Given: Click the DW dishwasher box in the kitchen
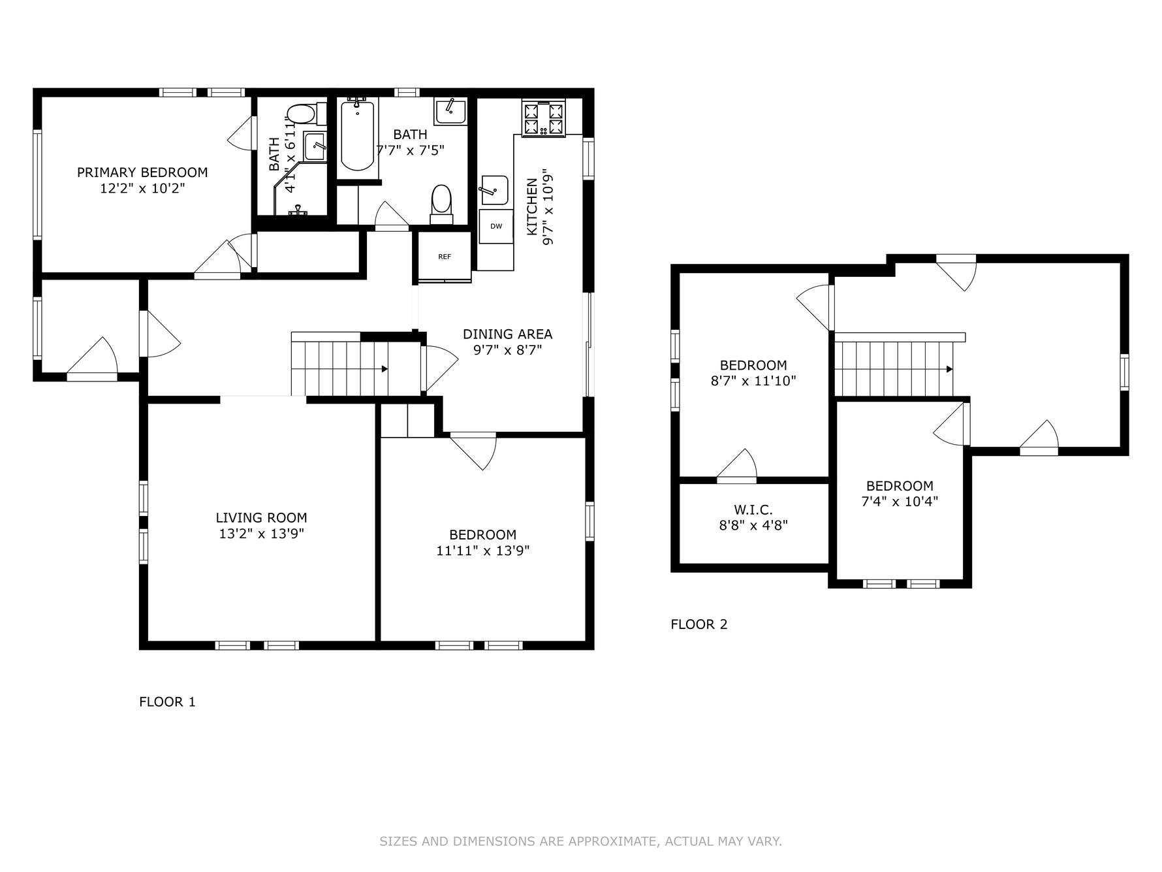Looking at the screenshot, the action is tap(496, 227).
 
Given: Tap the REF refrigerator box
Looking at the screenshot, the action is tap(445, 257).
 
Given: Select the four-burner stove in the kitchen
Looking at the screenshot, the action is tap(543, 118).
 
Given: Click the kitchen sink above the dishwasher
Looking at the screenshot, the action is tap(494, 189).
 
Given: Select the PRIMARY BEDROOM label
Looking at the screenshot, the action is tap(142, 172).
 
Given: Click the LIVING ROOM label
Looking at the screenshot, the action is tap(261, 518).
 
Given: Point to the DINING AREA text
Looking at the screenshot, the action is tap(507, 334).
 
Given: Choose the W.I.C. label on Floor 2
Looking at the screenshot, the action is tap(753, 510).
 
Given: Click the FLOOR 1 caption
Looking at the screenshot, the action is tap(167, 702).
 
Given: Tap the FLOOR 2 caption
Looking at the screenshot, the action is tap(699, 624).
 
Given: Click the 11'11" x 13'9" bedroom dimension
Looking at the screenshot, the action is tap(482, 551).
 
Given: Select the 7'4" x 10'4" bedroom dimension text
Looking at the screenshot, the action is tap(900, 502).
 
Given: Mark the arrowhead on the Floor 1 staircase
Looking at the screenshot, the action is tap(385, 369).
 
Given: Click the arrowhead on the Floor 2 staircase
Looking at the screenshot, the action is tap(950, 369).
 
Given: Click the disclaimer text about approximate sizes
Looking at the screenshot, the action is tap(580, 841).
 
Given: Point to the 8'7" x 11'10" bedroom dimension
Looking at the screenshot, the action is tap(753, 381).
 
